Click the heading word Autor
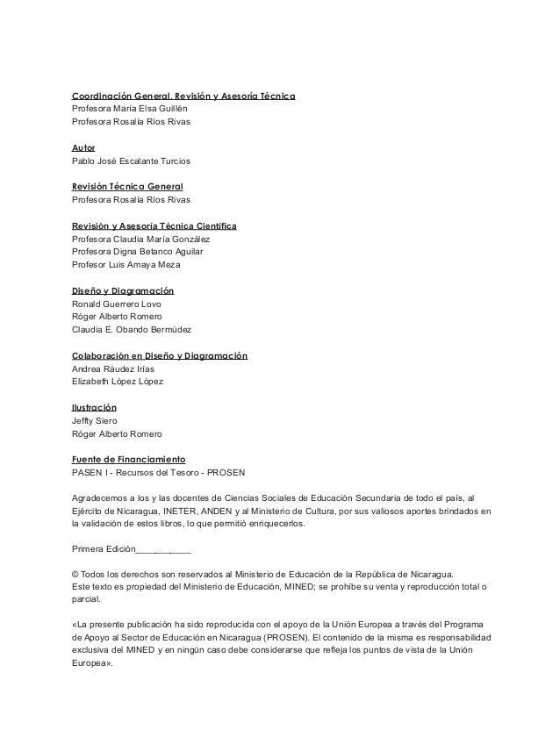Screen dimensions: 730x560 click(x=83, y=148)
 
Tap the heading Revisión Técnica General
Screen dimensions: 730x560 click(x=126, y=186)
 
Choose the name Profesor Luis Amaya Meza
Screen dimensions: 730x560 click(x=126, y=265)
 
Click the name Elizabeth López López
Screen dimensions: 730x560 click(x=117, y=382)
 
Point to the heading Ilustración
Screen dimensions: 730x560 click(x=94, y=408)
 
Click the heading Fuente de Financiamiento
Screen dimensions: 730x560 click(x=127, y=459)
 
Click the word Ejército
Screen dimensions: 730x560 click(x=89, y=511)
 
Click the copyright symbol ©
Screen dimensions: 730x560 click(x=75, y=576)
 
